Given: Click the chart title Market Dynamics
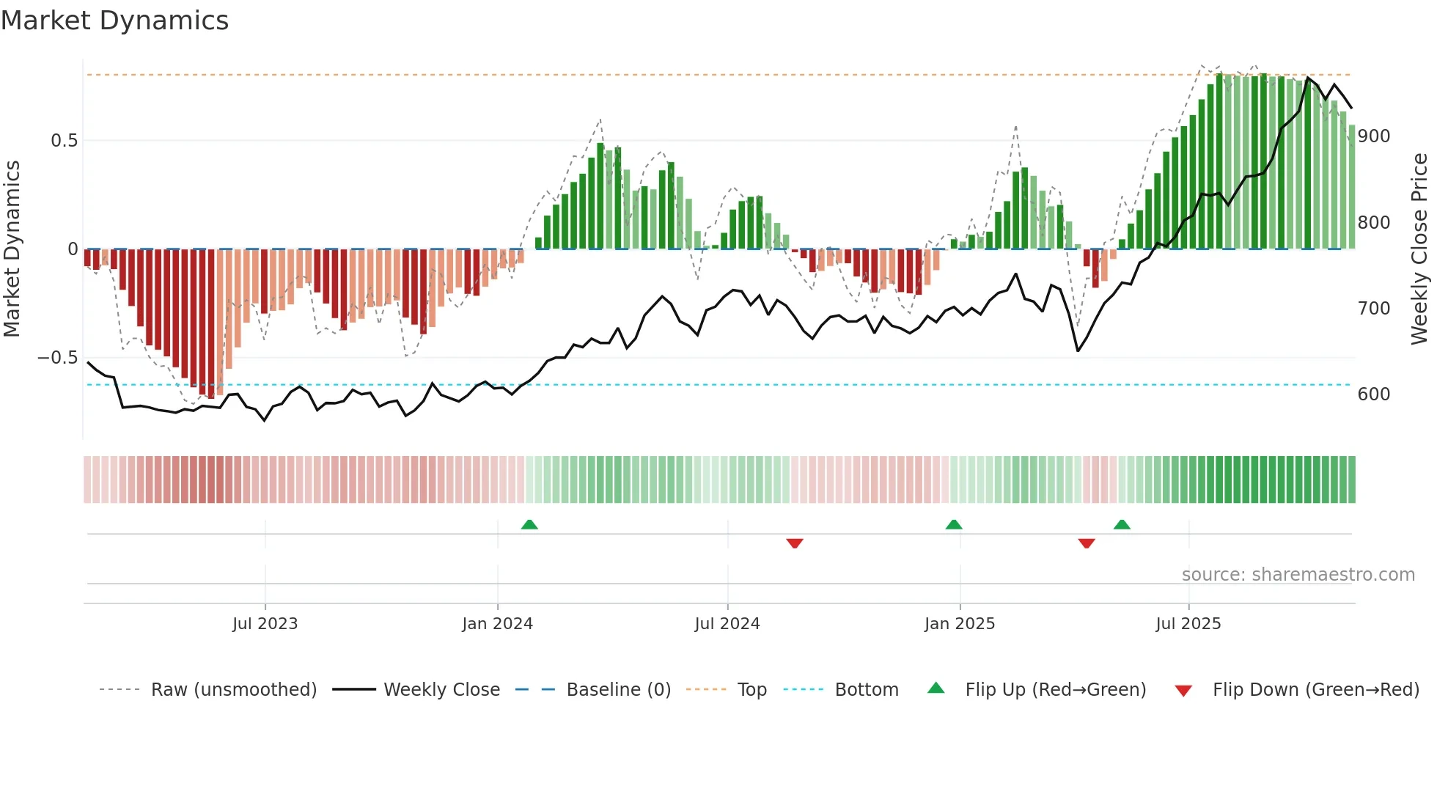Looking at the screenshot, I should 114,21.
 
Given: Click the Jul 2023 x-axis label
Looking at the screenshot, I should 265,624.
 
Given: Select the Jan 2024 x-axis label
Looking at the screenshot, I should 497,624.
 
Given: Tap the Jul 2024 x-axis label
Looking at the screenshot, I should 727,624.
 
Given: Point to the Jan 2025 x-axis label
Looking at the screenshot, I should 959,624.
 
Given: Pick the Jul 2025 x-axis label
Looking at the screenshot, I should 1188,624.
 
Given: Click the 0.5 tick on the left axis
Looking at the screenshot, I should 64,141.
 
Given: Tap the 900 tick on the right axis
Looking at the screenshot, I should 1373,136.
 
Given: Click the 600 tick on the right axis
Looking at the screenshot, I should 1373,394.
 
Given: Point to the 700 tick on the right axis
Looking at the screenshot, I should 1373,309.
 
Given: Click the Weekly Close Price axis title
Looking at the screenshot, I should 1419,249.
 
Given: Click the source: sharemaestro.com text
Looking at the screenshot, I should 1298,575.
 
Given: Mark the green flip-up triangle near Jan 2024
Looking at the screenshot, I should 529,524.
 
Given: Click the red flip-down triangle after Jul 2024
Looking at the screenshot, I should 795,543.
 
